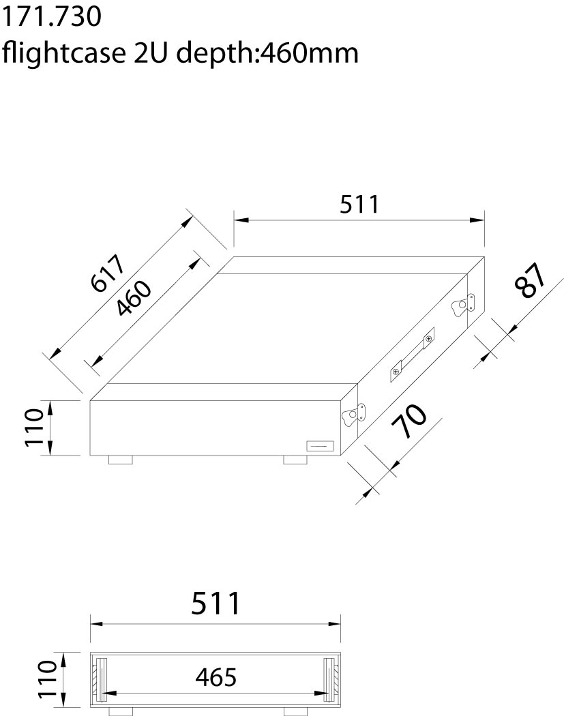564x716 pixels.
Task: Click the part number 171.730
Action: click(x=52, y=16)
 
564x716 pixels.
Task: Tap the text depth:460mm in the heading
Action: click(x=267, y=54)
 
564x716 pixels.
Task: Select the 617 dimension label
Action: click(x=108, y=273)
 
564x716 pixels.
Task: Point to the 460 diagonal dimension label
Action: click(x=133, y=298)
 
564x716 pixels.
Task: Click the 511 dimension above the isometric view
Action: click(x=359, y=205)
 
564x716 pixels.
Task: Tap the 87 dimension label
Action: click(x=530, y=281)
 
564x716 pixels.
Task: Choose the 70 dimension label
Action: click(x=409, y=421)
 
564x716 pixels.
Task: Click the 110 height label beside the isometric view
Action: click(x=35, y=428)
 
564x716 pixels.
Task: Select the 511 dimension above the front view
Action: click(x=216, y=603)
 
